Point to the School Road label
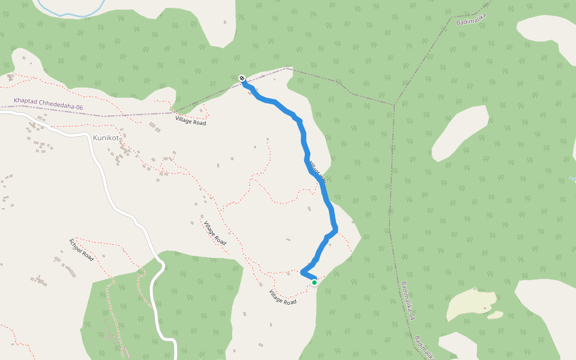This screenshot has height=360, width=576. click(x=81, y=249)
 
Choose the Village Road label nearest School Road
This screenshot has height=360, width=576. click(x=214, y=233)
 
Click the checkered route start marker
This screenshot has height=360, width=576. click(x=242, y=78)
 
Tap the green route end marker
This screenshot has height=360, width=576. click(x=314, y=282)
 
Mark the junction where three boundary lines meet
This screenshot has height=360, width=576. click(x=395, y=104)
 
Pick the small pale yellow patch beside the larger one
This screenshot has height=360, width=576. click(x=495, y=314)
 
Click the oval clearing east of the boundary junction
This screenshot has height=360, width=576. click(x=459, y=133)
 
